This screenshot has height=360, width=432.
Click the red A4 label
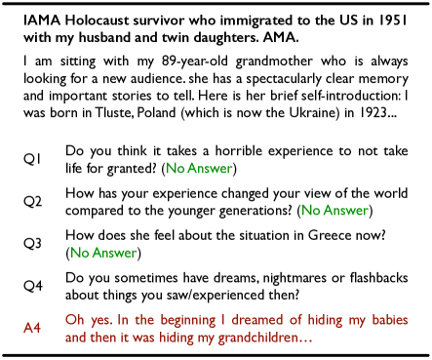[32, 328]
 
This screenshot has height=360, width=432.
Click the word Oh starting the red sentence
[75, 319]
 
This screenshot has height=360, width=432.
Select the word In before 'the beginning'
[124, 319]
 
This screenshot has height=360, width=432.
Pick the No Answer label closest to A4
[103, 253]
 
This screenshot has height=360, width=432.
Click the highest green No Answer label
[199, 169]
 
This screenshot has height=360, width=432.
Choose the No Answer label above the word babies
[334, 211]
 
